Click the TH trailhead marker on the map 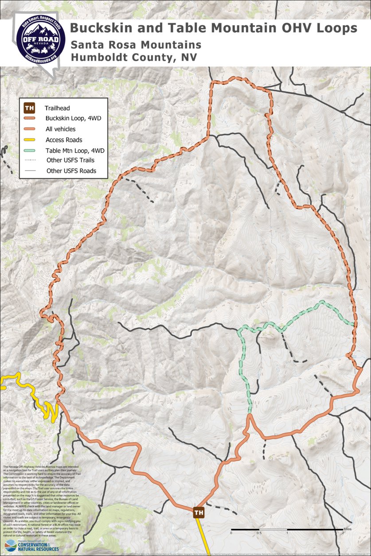[199, 513]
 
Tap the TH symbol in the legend [30, 108]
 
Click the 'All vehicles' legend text [60, 129]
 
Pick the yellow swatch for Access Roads [30, 140]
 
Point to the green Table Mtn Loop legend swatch [30, 151]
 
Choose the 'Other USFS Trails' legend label [69, 160]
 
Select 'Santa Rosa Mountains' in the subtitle [136, 45]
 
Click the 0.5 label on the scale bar [259, 533]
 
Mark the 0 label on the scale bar [231, 533]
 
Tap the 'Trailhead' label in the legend [57, 108]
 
